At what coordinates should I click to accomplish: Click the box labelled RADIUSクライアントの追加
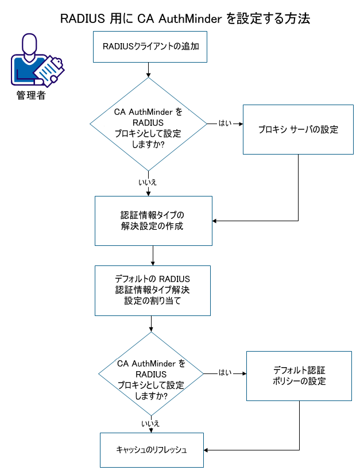(150, 47)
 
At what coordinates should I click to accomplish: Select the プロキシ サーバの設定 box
(297, 129)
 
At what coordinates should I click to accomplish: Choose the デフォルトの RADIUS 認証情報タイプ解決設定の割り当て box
(152, 290)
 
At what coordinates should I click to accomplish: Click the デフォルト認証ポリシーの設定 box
(299, 376)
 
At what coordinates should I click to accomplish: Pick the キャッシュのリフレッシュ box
(152, 450)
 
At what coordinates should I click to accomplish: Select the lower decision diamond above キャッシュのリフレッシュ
(151, 373)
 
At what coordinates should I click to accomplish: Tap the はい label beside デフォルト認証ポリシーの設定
(225, 373)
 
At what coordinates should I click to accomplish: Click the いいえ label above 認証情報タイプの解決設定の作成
(148, 182)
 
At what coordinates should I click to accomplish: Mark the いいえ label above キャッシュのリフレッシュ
(150, 423)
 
